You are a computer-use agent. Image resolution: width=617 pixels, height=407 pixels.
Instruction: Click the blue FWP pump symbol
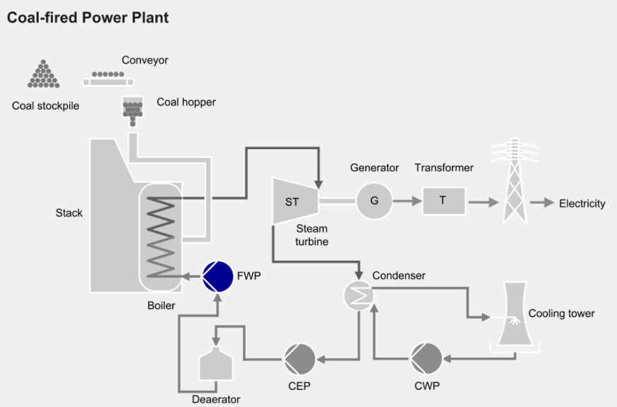click(x=217, y=276)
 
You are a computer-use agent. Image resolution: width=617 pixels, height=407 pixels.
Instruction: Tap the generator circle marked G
click(x=374, y=201)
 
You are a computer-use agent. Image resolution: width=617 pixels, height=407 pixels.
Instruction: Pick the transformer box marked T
click(x=443, y=201)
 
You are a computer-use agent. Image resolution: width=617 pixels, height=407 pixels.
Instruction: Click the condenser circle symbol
click(x=358, y=296)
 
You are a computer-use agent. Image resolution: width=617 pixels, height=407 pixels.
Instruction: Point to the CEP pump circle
click(x=299, y=359)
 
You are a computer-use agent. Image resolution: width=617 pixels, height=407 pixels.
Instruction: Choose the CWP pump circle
click(x=427, y=358)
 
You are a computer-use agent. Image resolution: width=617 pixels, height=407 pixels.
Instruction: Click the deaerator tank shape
click(x=216, y=362)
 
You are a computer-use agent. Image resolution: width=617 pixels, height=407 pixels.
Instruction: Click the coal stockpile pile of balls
click(x=44, y=75)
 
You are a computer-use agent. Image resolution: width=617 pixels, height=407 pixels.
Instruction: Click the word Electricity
click(x=582, y=203)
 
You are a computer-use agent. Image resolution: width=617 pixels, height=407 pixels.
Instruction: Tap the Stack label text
click(x=69, y=213)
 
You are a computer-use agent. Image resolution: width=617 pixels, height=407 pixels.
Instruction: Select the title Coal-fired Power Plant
click(x=88, y=18)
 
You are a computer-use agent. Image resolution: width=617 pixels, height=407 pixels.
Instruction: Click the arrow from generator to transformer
click(x=405, y=201)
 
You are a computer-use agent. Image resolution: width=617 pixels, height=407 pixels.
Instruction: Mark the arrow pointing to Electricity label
click(x=541, y=203)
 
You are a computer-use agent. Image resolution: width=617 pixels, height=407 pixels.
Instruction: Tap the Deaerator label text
click(x=216, y=399)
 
